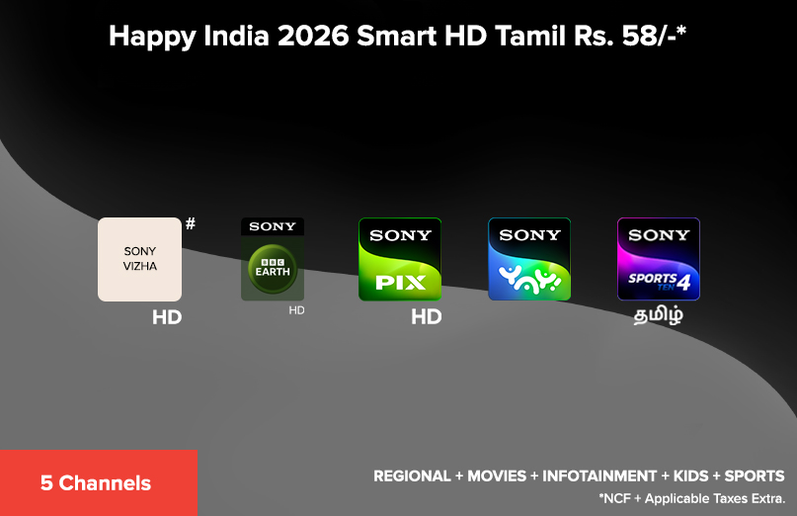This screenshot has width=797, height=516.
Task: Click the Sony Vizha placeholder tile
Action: (x=139, y=259)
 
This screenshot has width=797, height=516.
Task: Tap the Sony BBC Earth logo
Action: (x=273, y=259)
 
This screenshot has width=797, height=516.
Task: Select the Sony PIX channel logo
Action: (x=400, y=259)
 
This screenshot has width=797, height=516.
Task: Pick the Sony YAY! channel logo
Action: (x=529, y=259)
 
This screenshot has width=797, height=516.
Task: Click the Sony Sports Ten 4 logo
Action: (x=659, y=259)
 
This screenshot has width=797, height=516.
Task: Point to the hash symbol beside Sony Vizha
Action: (x=191, y=224)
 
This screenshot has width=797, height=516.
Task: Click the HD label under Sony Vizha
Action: (x=167, y=318)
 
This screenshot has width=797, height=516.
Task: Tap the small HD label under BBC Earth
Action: (x=296, y=310)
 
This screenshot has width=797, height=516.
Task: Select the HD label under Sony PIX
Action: (x=426, y=317)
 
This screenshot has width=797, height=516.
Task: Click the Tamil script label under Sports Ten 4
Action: (x=659, y=317)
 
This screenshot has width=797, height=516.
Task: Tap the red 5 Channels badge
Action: (x=97, y=483)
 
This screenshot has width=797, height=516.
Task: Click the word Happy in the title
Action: (x=145, y=37)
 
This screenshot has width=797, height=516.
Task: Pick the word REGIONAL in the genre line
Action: (x=411, y=476)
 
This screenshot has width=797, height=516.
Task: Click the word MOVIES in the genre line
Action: (x=497, y=476)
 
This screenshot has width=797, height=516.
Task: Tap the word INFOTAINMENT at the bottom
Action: (x=599, y=476)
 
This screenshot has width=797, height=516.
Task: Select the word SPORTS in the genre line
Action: (x=755, y=476)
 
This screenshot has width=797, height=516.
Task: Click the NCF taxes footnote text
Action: (x=691, y=497)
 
